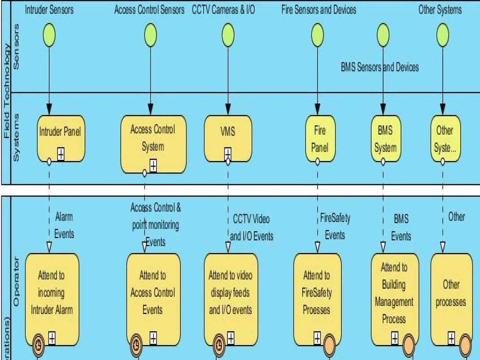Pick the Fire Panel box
click(x=320, y=138)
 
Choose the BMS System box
click(x=385, y=138)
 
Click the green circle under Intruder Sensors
click(x=49, y=35)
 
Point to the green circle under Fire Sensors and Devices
click(x=318, y=35)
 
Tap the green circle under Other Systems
click(x=442, y=35)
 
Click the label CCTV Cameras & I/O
click(x=223, y=10)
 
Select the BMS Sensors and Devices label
click(x=380, y=67)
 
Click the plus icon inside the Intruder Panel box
click(x=61, y=154)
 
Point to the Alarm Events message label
click(x=64, y=225)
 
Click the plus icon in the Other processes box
click(x=451, y=338)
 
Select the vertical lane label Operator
click(x=17, y=281)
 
